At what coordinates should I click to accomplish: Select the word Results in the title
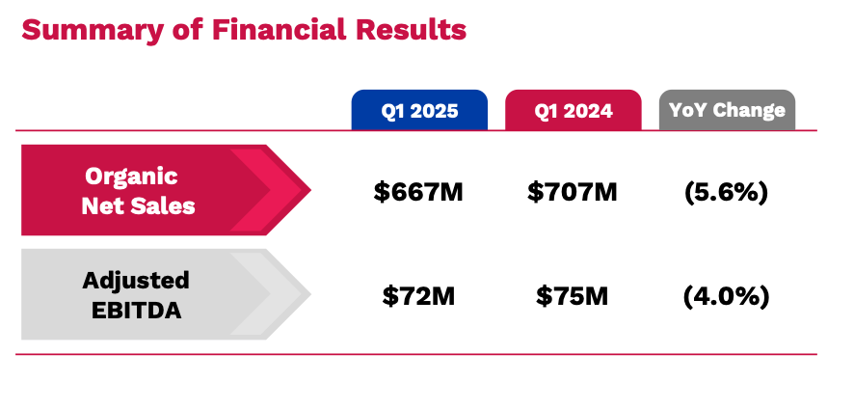(x=412, y=29)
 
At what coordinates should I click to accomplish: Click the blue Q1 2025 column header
(x=419, y=110)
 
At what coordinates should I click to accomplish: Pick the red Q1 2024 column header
(x=573, y=110)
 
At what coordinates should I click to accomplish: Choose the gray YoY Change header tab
(x=727, y=110)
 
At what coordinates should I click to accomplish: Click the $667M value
(x=418, y=192)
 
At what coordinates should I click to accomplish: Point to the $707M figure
(x=573, y=192)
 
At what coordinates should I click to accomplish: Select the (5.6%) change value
(x=726, y=192)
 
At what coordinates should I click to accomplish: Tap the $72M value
(x=418, y=296)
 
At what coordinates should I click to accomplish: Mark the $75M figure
(x=572, y=296)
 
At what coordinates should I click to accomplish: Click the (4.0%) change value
(x=726, y=296)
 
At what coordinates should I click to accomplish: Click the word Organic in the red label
(x=131, y=177)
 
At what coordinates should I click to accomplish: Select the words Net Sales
(x=139, y=206)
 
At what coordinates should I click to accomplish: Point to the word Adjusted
(x=136, y=282)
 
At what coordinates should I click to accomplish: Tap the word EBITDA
(x=136, y=311)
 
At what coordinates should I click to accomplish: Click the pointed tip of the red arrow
(x=310, y=190)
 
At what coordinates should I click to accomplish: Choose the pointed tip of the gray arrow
(x=310, y=294)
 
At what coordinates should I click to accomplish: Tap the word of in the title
(x=188, y=29)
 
